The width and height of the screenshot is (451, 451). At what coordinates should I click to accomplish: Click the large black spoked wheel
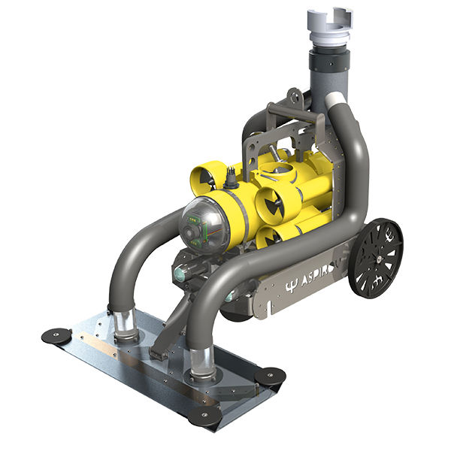[376, 258]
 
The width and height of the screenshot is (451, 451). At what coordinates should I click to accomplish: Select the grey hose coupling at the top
[329, 26]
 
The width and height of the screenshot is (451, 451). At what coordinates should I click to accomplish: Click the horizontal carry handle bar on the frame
[297, 113]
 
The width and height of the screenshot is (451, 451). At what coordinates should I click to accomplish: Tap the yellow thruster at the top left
[207, 178]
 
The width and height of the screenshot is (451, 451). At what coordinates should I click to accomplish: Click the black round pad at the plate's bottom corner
[205, 414]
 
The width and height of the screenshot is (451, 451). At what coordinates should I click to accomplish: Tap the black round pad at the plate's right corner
[270, 374]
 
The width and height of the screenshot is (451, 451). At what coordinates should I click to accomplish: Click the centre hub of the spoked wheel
[376, 259]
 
